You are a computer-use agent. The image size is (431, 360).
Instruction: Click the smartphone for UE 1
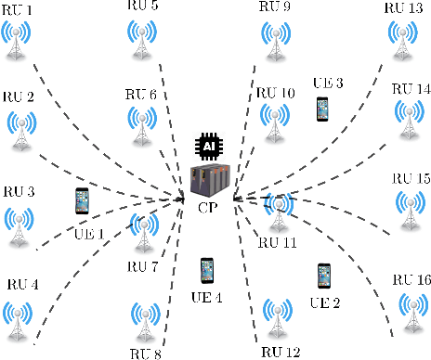click(83, 201)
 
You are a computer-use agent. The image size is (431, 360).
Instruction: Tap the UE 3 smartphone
click(322, 109)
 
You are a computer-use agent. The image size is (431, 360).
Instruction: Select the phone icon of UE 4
click(207, 270)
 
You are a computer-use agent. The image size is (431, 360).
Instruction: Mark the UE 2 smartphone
click(324, 274)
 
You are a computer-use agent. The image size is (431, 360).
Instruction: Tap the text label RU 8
click(146, 353)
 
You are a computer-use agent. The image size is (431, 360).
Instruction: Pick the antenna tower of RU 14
click(406, 119)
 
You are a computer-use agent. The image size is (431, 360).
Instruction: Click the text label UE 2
click(325, 302)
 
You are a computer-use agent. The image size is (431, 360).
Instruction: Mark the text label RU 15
click(411, 177)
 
